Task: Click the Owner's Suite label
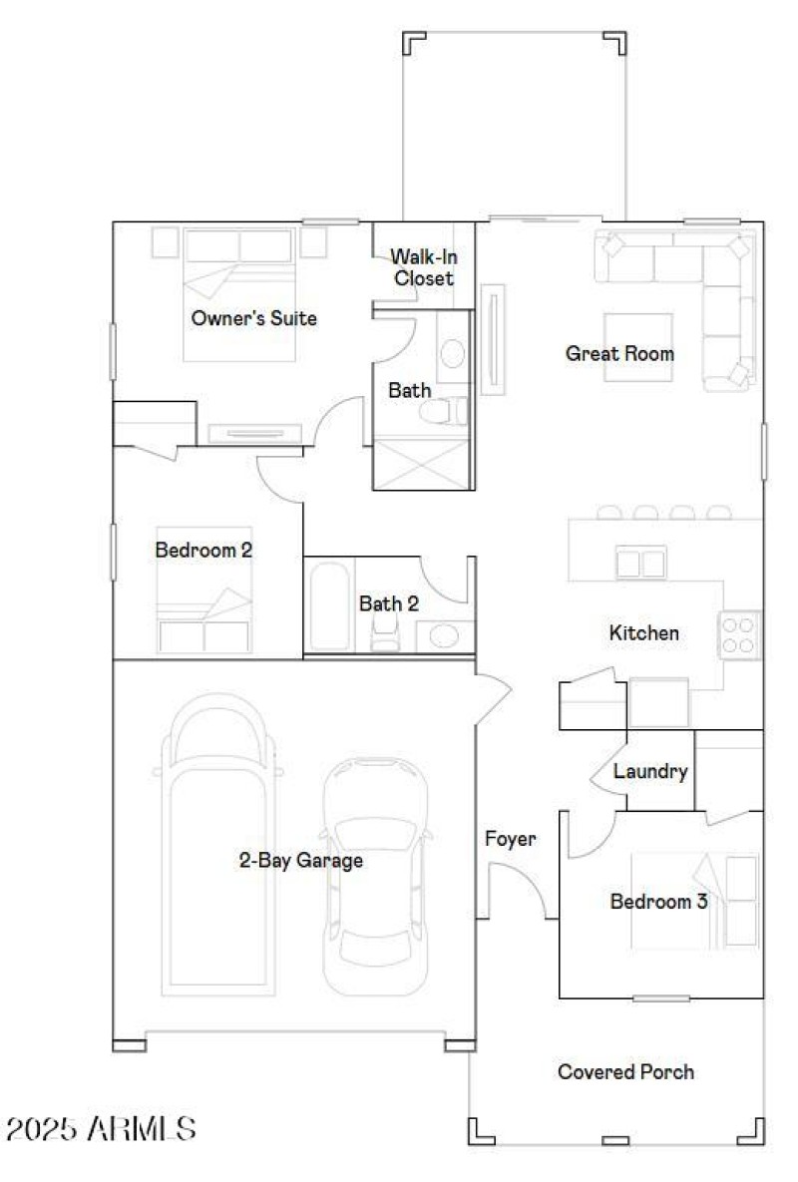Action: [x=253, y=319]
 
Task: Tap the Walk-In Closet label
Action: [x=423, y=267]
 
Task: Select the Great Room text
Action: [x=618, y=353]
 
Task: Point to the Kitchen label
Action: [x=643, y=632]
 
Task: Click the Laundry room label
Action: [x=649, y=771]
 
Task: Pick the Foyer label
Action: [x=510, y=839]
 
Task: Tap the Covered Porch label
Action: [x=625, y=1072]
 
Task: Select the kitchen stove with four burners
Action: [x=739, y=634]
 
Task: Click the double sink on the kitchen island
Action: [x=640, y=564]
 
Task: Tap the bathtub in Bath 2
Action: [x=328, y=605]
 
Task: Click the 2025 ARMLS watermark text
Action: [x=101, y=1129]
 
